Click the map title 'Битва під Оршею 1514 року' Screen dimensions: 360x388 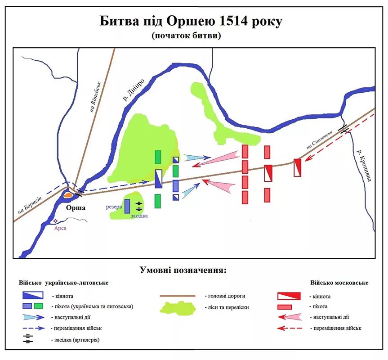pos(191,21)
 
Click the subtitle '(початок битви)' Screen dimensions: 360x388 pos(187,35)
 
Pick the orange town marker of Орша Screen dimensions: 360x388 pos(68,196)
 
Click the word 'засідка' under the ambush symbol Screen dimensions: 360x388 pos(139,216)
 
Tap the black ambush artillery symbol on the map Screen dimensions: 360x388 pos(139,207)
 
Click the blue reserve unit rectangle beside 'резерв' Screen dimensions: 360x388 pos(127,206)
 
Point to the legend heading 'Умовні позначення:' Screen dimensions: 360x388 pos(183,270)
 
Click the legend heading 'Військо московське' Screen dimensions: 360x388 pos(339,283)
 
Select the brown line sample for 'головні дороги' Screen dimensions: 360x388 pos(178,296)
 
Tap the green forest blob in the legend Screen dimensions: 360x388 pos(178,308)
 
